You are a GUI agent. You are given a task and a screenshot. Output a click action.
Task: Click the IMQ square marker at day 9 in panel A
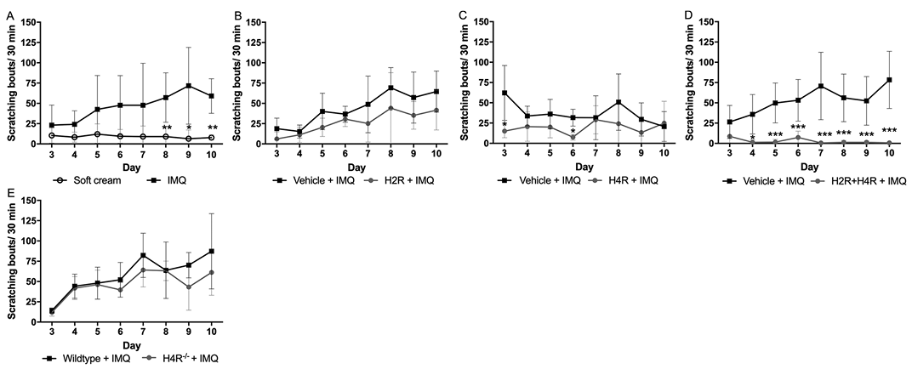pos(189,86)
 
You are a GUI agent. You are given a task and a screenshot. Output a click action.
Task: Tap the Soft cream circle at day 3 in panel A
pos(53,135)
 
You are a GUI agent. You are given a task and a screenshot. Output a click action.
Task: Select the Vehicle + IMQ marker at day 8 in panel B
pos(390,88)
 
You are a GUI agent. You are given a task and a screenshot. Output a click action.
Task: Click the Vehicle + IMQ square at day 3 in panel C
pos(506,93)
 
